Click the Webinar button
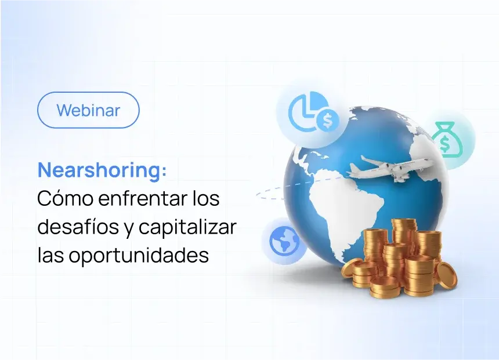click(88, 110)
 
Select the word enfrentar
click(128, 199)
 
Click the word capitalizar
click(187, 227)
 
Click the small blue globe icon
click(284, 241)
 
